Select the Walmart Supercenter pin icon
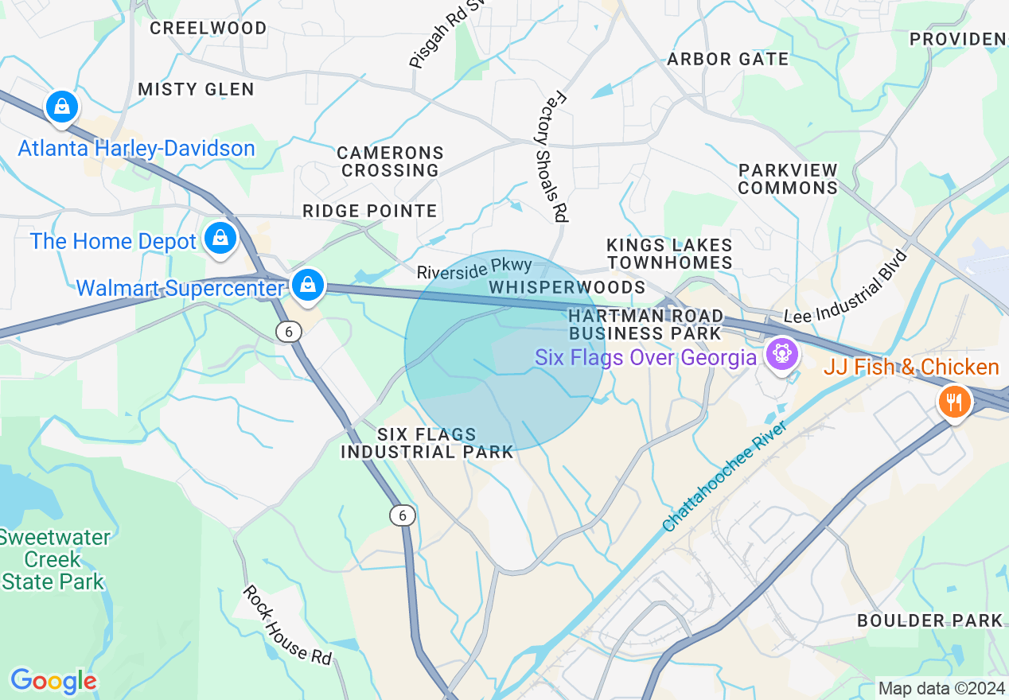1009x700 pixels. (307, 284)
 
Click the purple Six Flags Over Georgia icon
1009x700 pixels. (782, 353)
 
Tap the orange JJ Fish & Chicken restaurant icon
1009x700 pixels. (954, 402)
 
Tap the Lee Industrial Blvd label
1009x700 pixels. (847, 286)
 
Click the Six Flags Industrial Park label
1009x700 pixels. (427, 443)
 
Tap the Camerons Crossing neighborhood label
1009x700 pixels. (390, 161)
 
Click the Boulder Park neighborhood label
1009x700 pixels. (929, 620)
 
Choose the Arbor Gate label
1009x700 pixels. (728, 59)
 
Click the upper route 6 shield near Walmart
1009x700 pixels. (289, 332)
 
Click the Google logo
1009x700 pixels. (53, 681)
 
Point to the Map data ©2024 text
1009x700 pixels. (940, 688)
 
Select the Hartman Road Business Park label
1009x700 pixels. (645, 324)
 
